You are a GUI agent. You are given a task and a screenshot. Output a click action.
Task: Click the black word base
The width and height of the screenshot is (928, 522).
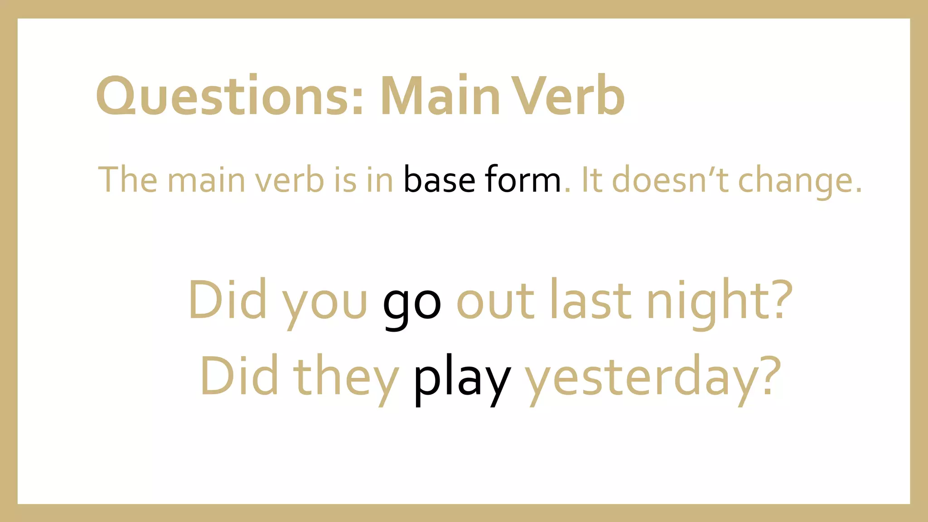pyautogui.click(x=439, y=180)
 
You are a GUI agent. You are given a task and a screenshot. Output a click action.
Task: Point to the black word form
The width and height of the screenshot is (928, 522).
pyautogui.click(x=523, y=180)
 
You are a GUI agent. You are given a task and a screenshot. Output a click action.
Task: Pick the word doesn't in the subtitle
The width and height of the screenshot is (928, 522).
pyautogui.click(x=670, y=180)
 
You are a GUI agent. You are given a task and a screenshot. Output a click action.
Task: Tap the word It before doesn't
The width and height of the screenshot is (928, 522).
pyautogui.click(x=591, y=180)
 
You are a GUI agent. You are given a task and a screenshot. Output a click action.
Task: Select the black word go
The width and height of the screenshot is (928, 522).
pyautogui.click(x=411, y=303)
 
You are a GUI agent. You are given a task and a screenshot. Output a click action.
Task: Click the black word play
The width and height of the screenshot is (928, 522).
pyautogui.click(x=462, y=379)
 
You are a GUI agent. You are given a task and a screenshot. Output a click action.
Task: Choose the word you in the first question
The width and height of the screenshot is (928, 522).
pyautogui.click(x=324, y=303)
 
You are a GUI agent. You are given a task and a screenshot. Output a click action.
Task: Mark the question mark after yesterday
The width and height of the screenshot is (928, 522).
pyautogui.click(x=769, y=376)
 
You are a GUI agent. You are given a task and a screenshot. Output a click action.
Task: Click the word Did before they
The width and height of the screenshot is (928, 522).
pyautogui.click(x=239, y=376)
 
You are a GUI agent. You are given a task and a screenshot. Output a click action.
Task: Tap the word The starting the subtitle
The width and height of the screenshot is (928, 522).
pyautogui.click(x=128, y=180)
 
